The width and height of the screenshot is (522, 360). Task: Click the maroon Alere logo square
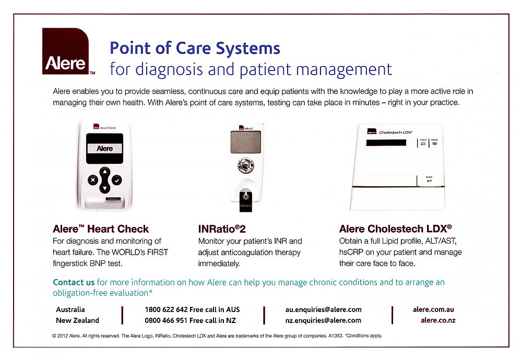pos(65,52)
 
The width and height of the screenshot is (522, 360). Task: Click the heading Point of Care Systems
pos(195,49)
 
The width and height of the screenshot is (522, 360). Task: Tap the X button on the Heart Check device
pos(92,180)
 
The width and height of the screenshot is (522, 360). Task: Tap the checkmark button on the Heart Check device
pos(117,180)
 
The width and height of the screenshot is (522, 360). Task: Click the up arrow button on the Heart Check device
pos(104,171)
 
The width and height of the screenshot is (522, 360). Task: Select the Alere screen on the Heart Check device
pos(104,148)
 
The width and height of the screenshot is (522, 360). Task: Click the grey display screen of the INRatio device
pos(245,141)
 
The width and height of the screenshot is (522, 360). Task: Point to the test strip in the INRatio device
pos(245,200)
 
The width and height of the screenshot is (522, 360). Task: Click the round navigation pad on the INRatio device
pos(245,166)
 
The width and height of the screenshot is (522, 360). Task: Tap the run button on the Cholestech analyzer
pos(429,179)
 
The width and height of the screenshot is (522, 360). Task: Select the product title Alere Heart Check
pos(101,229)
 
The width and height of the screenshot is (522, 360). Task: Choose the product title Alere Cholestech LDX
pos(395,229)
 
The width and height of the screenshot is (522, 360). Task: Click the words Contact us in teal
pos(74,282)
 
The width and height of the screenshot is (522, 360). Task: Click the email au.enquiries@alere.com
pos(323,309)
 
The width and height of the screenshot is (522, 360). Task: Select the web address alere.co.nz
pos(437,320)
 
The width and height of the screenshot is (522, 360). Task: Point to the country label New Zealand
pos(77,320)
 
